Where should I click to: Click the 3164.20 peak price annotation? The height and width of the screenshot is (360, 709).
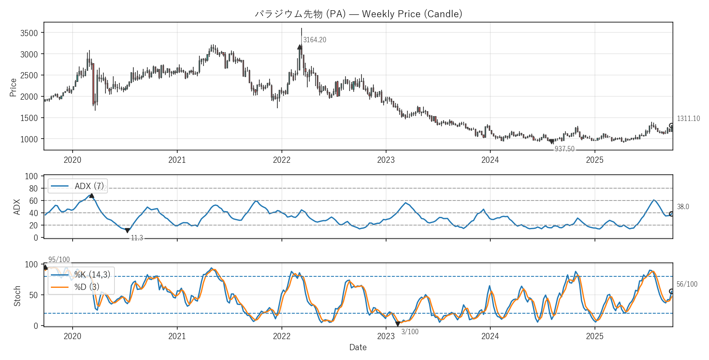314,40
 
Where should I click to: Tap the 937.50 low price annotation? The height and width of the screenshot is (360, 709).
564,149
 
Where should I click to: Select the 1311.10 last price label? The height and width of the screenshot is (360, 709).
688,118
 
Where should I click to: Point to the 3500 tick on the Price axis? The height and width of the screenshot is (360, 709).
29,33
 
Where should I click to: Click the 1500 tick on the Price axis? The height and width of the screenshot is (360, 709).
29,118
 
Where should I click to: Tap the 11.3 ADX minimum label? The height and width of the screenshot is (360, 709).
137,238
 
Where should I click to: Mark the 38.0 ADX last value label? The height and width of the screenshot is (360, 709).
683,207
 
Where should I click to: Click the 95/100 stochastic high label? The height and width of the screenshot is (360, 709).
59,260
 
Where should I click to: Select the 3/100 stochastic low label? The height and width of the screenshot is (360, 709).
409,332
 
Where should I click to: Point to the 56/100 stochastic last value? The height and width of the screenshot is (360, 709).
686,284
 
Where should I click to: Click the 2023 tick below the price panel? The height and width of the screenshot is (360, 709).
386,160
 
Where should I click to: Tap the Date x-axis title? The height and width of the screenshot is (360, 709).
358,347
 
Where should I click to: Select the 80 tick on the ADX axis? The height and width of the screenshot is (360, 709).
33,189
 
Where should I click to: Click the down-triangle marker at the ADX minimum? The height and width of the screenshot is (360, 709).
127,230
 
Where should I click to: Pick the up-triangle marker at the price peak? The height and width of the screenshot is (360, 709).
300,47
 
